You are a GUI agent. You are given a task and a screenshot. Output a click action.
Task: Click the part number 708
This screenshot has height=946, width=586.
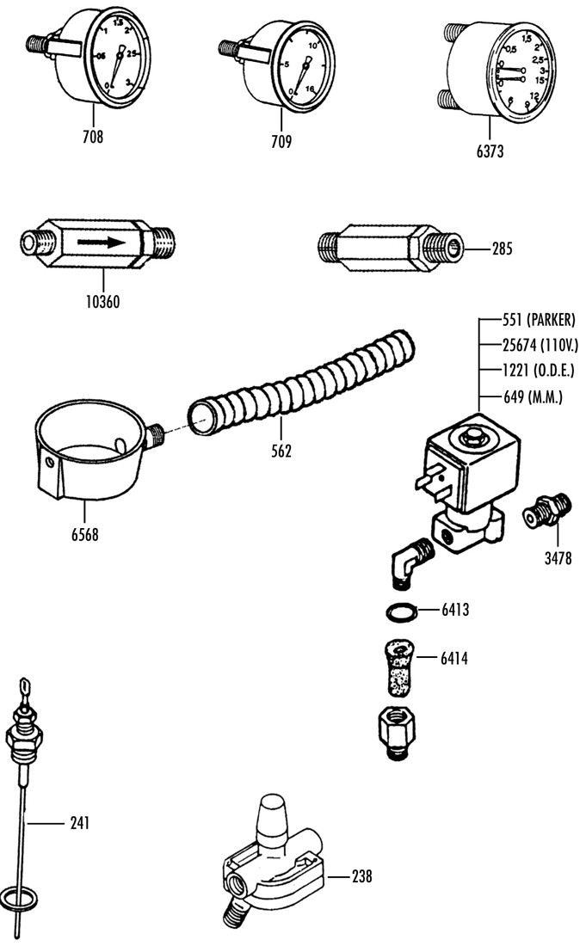(x=92, y=136)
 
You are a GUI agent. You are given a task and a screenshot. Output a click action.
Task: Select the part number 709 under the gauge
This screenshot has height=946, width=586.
(x=281, y=140)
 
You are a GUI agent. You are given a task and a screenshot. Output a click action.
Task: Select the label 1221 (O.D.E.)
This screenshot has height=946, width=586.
(x=538, y=372)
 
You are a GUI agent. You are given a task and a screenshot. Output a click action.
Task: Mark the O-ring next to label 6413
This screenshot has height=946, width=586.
(x=400, y=611)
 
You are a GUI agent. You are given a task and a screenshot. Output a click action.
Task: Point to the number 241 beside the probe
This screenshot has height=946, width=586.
(x=78, y=823)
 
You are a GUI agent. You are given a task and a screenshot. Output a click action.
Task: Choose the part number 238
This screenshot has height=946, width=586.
(x=361, y=876)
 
